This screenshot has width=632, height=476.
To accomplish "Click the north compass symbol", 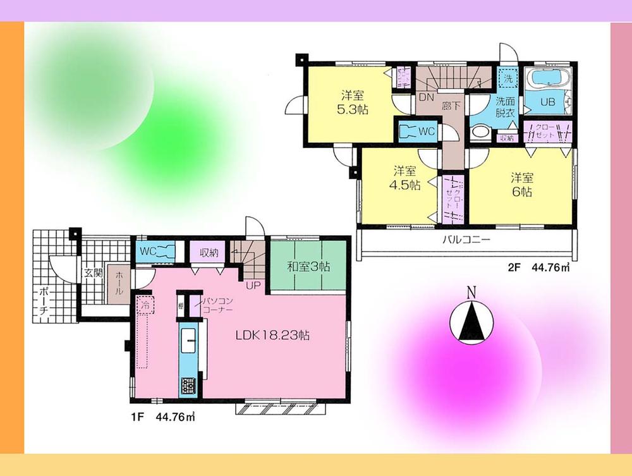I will coord(471,320).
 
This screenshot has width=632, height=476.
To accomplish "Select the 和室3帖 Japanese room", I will coord(308,265).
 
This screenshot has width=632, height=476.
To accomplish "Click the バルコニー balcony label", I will coord(466,240).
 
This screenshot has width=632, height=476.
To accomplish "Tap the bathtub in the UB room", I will coord(547,80).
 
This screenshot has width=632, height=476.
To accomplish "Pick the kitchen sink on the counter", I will coord(189,343).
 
